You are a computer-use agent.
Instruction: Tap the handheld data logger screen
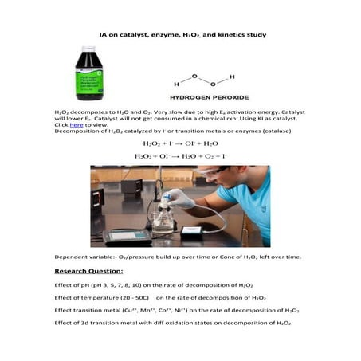tap(126, 236)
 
